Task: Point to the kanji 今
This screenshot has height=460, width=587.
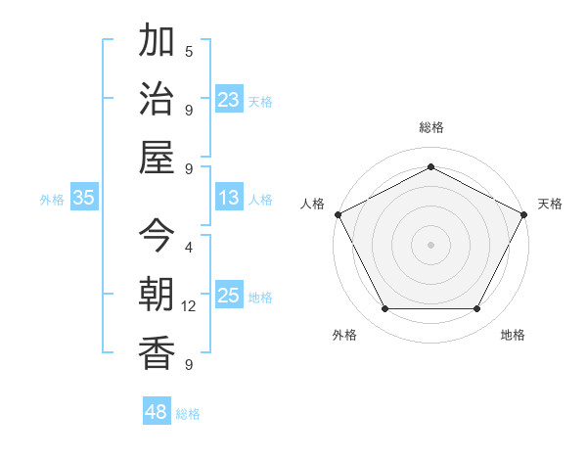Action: pos(157,236)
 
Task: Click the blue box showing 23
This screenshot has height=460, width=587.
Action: pos(229,99)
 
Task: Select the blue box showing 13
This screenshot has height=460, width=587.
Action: pos(229,198)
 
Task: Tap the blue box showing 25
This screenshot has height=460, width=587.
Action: pos(229,296)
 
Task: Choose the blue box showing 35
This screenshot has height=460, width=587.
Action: pos(83,198)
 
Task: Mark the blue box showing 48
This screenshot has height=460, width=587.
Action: pos(157,412)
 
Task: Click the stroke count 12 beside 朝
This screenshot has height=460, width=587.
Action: pos(189,306)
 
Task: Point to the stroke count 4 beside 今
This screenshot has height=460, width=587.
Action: pos(189,248)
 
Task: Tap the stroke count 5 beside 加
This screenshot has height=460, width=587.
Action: pos(189,52)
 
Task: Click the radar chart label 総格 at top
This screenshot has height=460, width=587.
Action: pos(430,127)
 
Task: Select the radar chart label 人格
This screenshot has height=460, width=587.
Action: pos(312,204)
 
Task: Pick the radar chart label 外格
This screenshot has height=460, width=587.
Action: pos(344,335)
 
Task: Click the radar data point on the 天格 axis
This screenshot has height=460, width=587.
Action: pos(525,213)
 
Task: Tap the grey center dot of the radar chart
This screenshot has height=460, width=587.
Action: pos(430,244)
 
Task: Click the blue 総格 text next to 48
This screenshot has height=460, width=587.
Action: pos(188,414)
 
